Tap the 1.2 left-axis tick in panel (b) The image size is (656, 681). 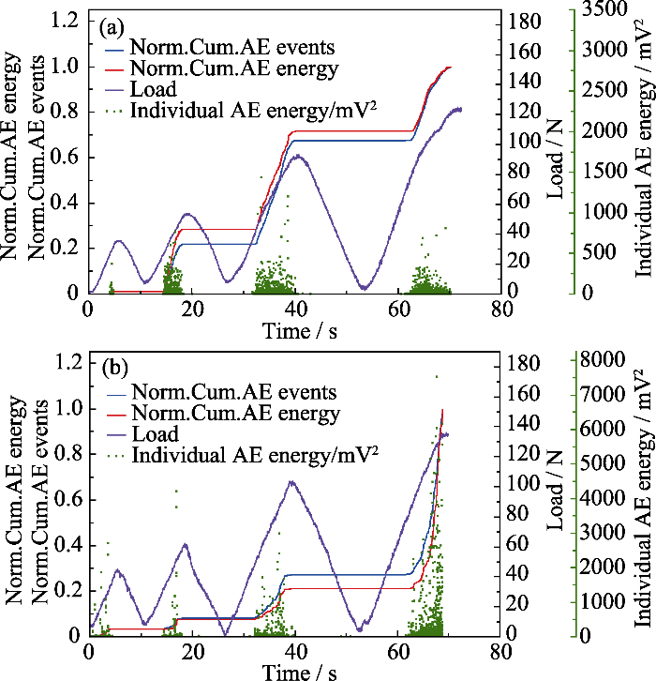click(69, 362)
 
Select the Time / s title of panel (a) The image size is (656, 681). click(298, 333)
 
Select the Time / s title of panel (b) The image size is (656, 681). click(298, 672)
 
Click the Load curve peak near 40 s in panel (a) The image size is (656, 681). click(298, 156)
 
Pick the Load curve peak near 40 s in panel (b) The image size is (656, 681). click(291, 482)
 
